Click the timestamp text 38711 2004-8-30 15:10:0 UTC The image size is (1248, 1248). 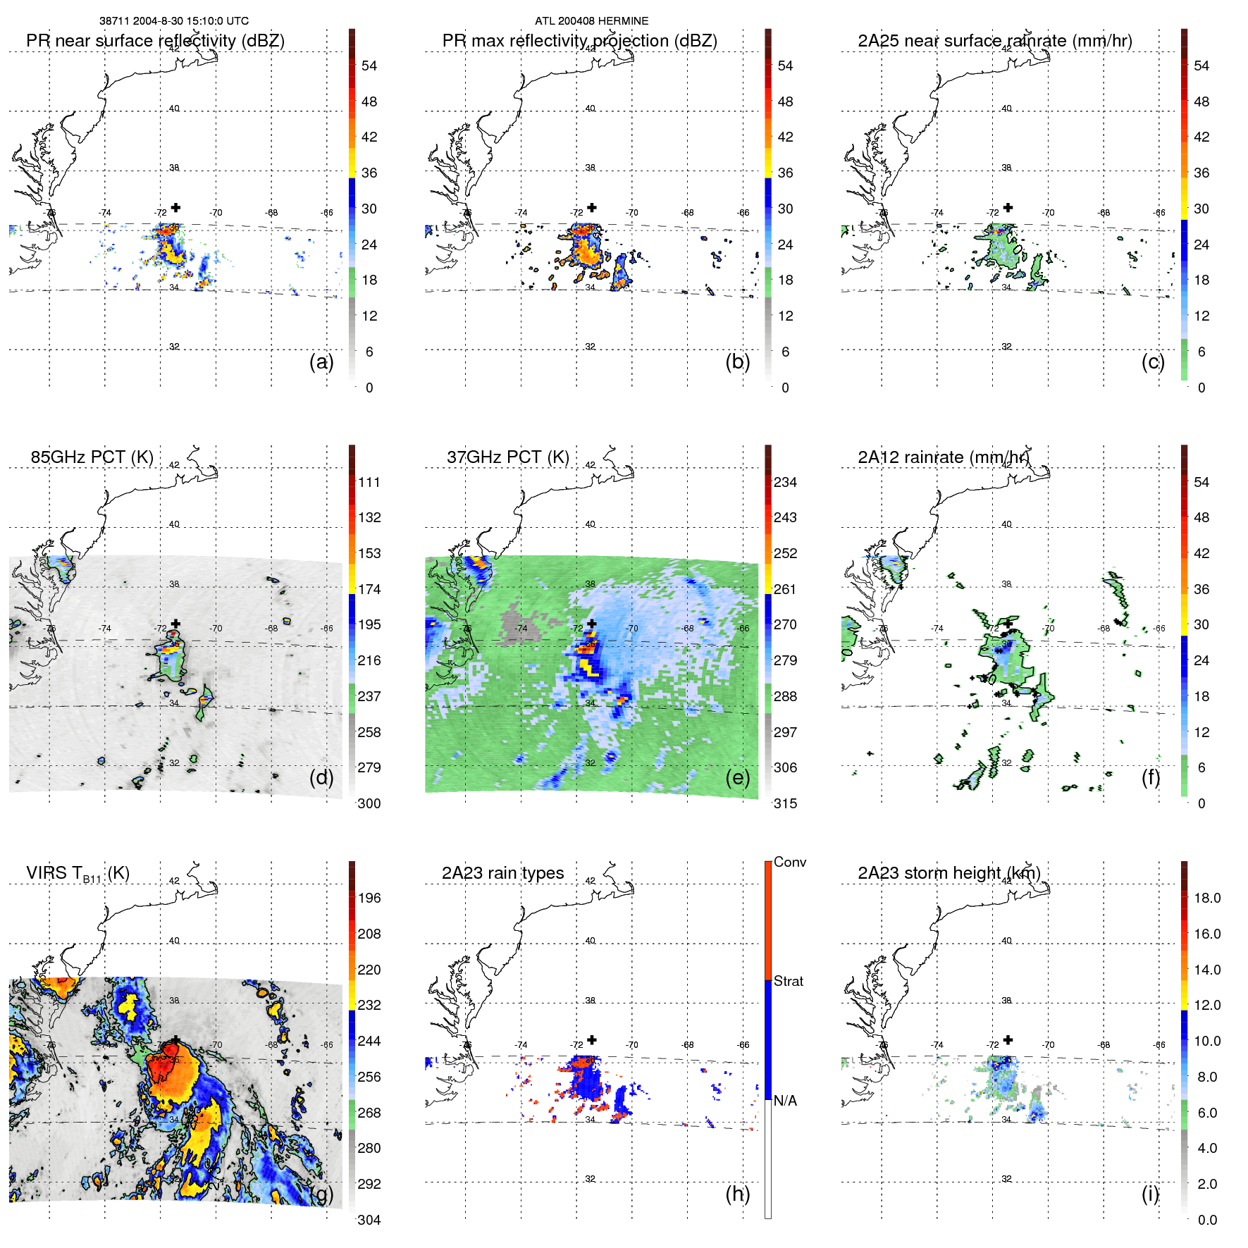[173, 21]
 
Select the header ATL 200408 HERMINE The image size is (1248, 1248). [591, 21]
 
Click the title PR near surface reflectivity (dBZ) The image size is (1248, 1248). [155, 41]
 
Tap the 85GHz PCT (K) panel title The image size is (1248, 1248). [92, 457]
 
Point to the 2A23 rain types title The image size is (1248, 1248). [502, 873]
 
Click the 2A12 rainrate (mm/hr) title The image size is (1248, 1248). [943, 457]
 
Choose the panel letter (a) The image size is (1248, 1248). [321, 362]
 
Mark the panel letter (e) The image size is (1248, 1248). [738, 778]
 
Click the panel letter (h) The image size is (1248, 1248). [738, 1194]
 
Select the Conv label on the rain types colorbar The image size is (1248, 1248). [789, 863]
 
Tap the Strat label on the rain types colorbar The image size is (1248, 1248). [788, 982]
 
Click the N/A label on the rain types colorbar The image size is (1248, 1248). [786, 1101]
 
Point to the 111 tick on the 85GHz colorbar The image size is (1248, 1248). [369, 483]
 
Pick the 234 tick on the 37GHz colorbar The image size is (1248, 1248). [785, 483]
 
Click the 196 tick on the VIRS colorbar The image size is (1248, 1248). [369, 898]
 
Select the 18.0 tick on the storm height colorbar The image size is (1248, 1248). [1206, 898]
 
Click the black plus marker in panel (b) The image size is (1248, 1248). [592, 207]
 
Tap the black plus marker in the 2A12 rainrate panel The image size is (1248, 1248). [1008, 623]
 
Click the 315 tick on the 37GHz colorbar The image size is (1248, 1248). [785, 804]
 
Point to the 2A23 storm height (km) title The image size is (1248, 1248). [949, 873]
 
